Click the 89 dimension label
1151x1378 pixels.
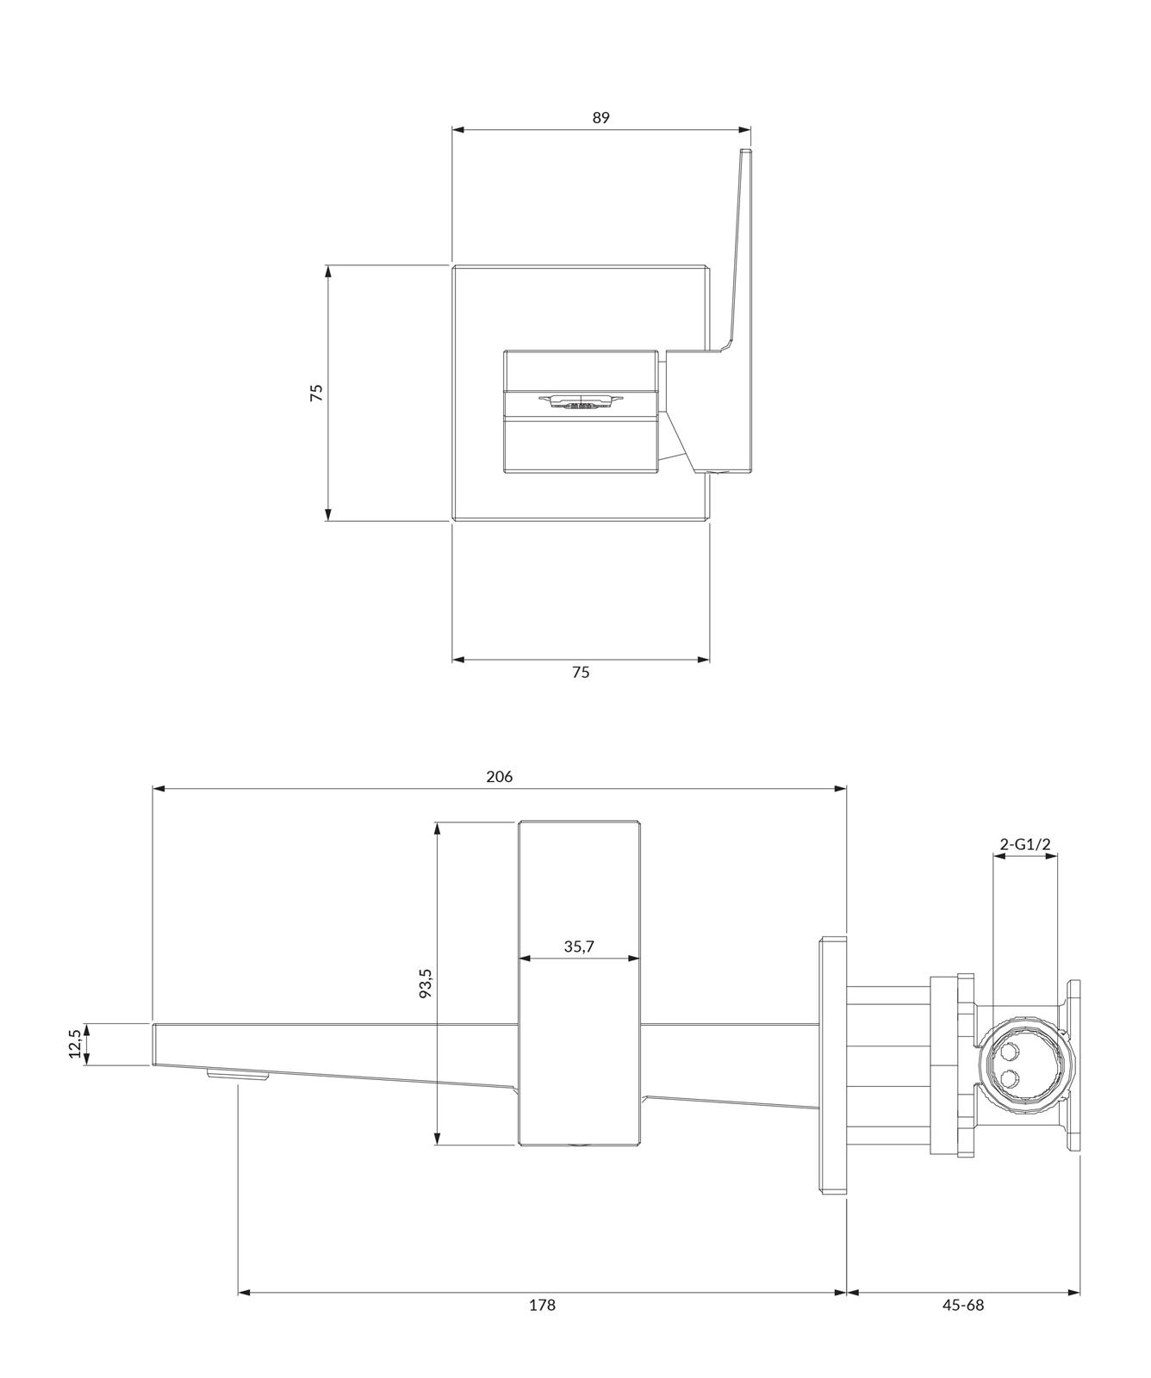[x=600, y=117]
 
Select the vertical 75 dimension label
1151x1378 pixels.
[x=316, y=392]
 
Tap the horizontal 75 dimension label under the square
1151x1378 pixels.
[x=581, y=672]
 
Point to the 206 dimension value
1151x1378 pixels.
[x=499, y=776]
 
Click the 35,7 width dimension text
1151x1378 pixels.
[x=579, y=947]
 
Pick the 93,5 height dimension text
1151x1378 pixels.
[x=425, y=983]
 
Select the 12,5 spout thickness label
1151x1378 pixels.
[x=76, y=1043]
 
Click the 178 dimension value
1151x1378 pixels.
[x=542, y=1305]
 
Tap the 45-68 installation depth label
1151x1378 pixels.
[x=962, y=1305]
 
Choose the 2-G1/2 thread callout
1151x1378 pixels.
[x=1025, y=844]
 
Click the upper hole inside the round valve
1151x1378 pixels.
[x=1009, y=1052]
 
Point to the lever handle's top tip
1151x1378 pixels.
[x=746, y=152]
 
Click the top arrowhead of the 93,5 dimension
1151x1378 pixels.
[x=438, y=829]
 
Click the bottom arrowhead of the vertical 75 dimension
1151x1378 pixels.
[x=328, y=514]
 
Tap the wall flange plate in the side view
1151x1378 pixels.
[x=832, y=1065]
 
